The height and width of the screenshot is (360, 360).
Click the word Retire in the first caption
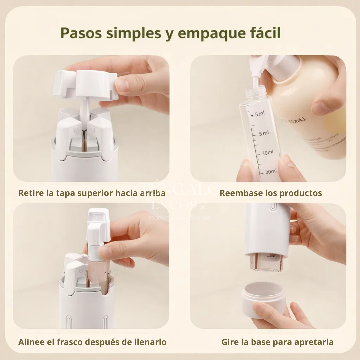tap(30, 193)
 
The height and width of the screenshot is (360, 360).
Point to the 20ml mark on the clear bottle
tap(271, 171)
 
